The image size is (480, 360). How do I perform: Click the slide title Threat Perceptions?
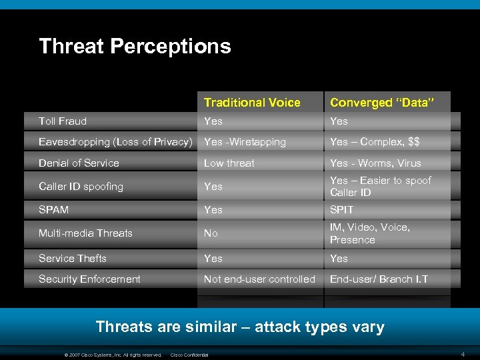(135, 46)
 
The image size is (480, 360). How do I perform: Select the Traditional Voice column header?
(252, 102)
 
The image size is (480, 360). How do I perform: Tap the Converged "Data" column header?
(382, 102)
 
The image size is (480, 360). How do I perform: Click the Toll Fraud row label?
(63, 121)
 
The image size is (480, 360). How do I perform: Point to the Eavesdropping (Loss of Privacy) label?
(115, 142)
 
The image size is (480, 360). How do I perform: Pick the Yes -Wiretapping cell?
(245, 142)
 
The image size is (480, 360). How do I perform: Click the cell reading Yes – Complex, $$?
(375, 142)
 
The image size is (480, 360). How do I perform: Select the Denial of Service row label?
(79, 163)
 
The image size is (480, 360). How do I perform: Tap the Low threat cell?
(229, 163)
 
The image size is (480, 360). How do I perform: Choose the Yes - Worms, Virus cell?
(375, 163)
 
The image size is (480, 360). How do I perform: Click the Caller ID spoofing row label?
(81, 187)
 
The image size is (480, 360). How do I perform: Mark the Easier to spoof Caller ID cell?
(380, 186)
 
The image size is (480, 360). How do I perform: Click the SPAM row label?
(53, 209)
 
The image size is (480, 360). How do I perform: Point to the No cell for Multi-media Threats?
(211, 233)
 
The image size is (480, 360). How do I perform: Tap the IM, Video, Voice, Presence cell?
(369, 233)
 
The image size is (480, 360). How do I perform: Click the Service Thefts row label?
(73, 258)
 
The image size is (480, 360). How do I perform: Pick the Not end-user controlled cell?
(259, 279)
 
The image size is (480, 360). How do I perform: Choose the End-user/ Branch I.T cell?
(379, 279)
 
